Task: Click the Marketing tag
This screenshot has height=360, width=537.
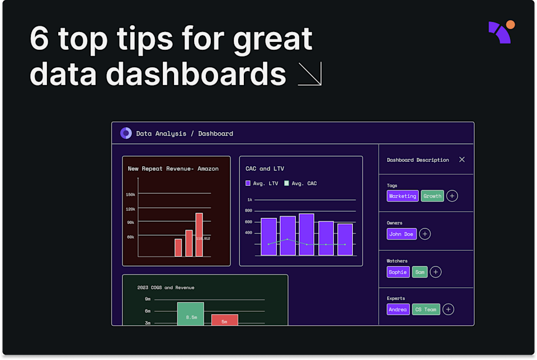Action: (402, 196)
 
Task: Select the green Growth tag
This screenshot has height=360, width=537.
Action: (432, 196)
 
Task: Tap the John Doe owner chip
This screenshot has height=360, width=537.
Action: (401, 234)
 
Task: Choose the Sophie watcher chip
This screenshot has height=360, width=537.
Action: (398, 272)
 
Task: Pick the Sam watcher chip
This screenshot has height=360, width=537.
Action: (420, 272)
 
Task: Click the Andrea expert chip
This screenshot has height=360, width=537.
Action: (398, 310)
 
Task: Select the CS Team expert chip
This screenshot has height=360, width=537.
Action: (426, 310)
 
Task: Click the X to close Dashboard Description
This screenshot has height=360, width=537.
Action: (461, 160)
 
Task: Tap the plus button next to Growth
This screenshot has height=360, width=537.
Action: (452, 196)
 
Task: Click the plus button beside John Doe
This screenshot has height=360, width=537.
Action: (425, 234)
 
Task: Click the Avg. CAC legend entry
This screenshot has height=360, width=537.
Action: (300, 183)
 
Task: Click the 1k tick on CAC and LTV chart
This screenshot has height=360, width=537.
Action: (249, 200)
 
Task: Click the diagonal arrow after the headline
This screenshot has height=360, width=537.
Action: (309, 74)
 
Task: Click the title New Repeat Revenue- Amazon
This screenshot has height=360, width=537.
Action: (173, 169)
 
